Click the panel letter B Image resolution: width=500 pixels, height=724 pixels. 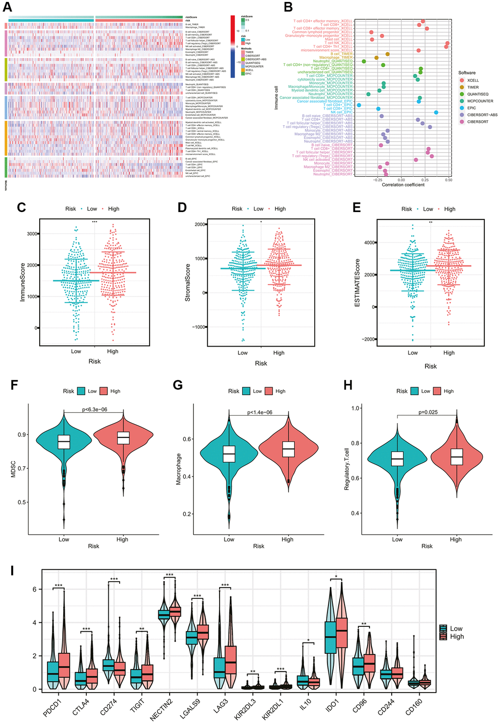[x=288, y=7]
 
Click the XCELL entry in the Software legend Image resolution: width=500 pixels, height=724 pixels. [x=473, y=80]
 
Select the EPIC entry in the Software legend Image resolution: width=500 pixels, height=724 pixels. [x=471, y=108]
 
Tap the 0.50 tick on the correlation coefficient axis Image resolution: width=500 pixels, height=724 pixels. [x=448, y=180]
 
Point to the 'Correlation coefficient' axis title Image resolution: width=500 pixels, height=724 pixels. [x=403, y=185]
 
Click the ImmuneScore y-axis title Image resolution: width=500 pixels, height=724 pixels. [x=23, y=280]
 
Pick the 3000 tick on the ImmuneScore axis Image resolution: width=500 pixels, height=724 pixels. [x=31, y=234]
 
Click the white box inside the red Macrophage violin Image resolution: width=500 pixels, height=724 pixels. [x=288, y=449]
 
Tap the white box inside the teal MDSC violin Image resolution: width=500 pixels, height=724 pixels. [x=64, y=442]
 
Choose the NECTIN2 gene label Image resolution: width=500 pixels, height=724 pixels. [x=160, y=710]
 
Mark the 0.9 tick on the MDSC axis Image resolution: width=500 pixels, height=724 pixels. [x=22, y=435]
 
